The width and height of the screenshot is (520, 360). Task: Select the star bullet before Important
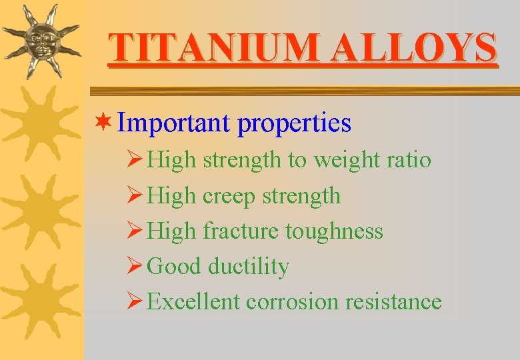coord(104,123)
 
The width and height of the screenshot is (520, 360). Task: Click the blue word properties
coord(294,124)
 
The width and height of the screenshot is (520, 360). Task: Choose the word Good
coord(174,267)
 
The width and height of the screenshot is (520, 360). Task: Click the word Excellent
coord(193,302)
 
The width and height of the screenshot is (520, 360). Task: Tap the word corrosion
coord(293,302)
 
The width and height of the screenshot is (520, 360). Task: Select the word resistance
coord(393,302)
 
